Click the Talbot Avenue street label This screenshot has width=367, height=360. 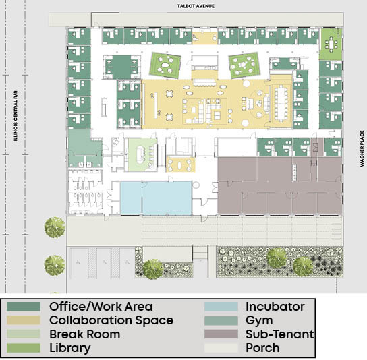(196, 6)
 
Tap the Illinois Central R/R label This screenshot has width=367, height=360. (16, 116)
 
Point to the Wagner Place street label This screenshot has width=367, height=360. (362, 148)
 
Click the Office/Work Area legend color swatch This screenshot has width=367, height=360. (24, 307)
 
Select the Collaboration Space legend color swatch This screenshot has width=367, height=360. (24, 320)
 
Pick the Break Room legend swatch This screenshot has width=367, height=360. (24, 334)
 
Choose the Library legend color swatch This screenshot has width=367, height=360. (24, 348)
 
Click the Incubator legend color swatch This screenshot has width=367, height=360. (221, 307)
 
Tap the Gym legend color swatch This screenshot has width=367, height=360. (221, 320)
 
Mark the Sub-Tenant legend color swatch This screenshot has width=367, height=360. (221, 334)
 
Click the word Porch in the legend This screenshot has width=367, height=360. (262, 348)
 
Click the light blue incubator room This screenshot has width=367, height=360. (156, 198)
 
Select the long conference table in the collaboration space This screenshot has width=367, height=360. (281, 103)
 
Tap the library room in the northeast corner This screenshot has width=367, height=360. (331, 44)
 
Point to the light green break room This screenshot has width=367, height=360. (142, 154)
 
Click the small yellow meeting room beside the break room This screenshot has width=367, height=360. (180, 164)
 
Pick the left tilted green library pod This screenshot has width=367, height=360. (165, 65)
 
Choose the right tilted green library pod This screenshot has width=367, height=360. (245, 65)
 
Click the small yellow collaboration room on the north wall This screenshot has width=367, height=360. (205, 36)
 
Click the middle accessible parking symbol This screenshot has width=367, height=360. (104, 262)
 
